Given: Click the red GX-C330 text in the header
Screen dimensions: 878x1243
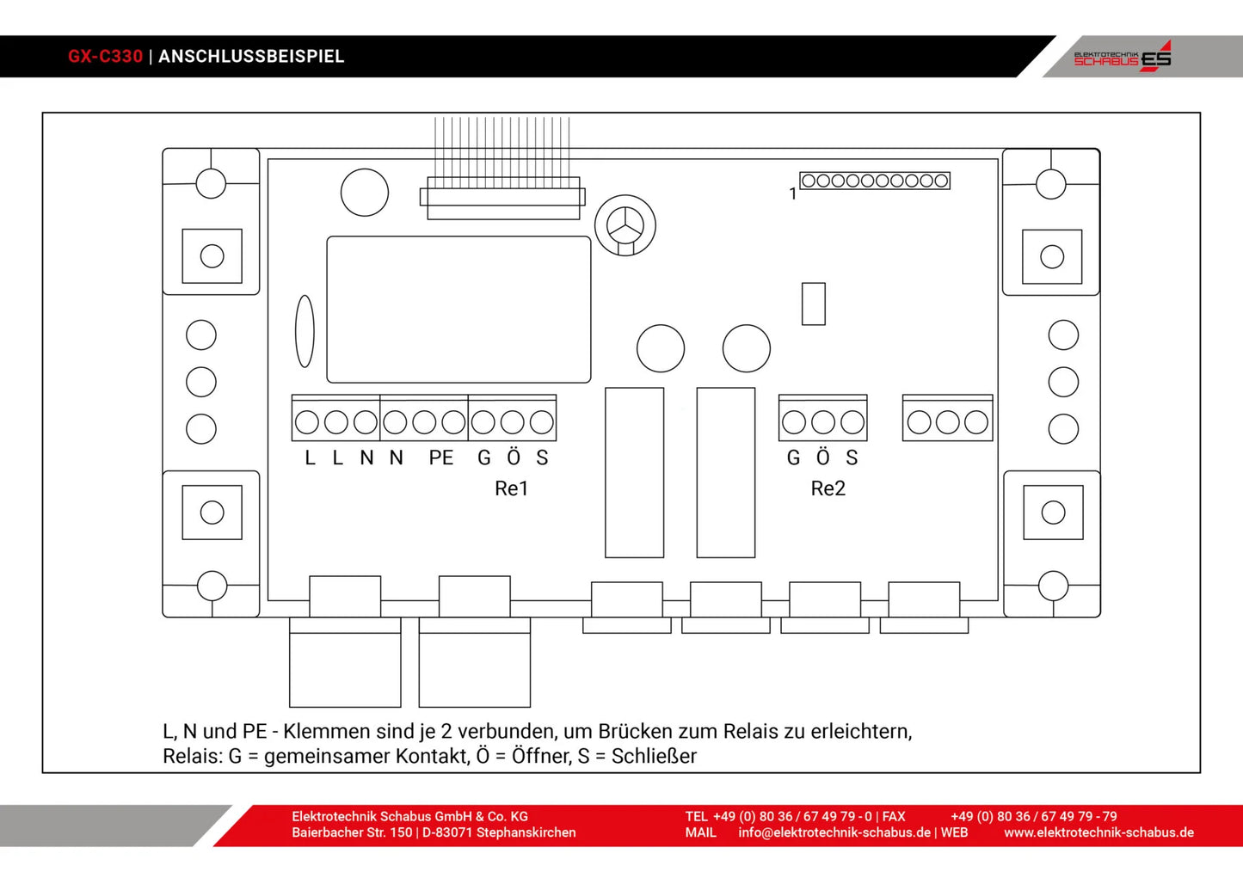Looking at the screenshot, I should [105, 57].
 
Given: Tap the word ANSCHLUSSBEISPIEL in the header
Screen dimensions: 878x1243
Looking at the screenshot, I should [251, 57].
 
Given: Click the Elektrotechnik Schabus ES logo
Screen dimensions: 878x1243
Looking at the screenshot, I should [1123, 57].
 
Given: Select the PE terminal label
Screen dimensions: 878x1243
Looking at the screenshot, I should [441, 458].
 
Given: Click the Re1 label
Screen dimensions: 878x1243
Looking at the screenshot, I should [511, 488].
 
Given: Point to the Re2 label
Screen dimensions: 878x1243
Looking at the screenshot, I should [828, 488].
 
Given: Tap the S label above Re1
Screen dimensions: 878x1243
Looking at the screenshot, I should [542, 458].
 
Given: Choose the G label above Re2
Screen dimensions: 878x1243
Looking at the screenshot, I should [793, 458].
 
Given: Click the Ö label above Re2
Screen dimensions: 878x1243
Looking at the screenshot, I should [822, 457].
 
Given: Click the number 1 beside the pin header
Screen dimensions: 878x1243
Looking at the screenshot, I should [792, 194].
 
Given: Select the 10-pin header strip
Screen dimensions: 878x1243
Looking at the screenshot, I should [875, 181].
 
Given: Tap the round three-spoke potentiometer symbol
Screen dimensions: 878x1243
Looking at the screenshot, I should [625, 225].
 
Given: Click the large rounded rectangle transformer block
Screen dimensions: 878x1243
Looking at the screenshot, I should [458, 310].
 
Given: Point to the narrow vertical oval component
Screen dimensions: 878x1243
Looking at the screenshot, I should [305, 331].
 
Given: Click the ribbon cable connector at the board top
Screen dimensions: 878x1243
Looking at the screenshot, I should [502, 197].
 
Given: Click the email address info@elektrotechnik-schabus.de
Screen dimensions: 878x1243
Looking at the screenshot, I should [834, 832].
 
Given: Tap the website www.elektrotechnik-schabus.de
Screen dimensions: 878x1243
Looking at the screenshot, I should [1098, 832].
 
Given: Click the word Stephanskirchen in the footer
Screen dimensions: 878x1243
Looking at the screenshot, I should [526, 832].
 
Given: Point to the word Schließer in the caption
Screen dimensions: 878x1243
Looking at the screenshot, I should [654, 756].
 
